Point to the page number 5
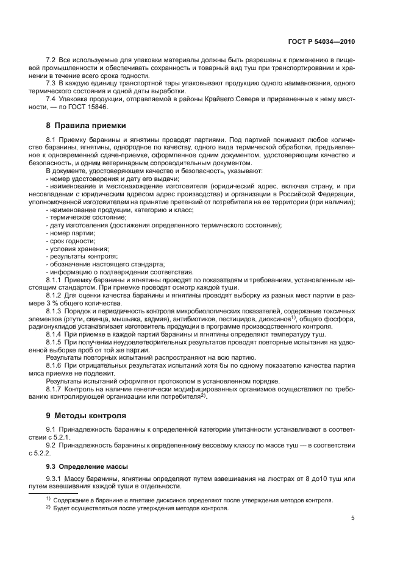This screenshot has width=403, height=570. pyautogui.click(x=352, y=518)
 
